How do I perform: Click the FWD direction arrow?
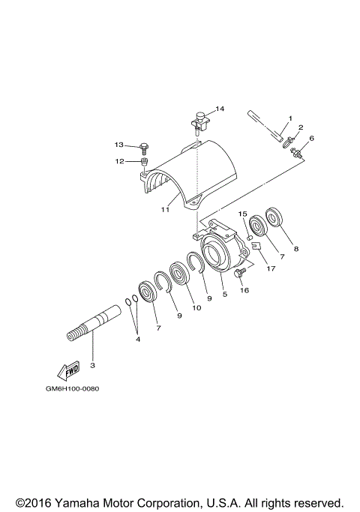[x=68, y=371]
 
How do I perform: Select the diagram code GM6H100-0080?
[x=72, y=389]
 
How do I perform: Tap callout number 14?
[x=220, y=109]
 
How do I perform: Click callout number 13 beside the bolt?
[x=119, y=145]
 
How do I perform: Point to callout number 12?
[x=119, y=161]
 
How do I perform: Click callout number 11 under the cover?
[x=165, y=209]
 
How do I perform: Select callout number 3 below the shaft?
[x=92, y=365]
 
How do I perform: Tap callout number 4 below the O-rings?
[x=138, y=340]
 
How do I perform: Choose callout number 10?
[x=196, y=307]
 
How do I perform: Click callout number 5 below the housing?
[x=225, y=294]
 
